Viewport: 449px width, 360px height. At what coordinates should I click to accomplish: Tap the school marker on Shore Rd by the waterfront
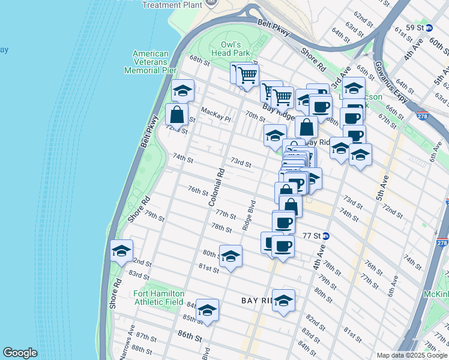click(x=121, y=251)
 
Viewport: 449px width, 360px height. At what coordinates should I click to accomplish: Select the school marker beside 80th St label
click(x=231, y=257)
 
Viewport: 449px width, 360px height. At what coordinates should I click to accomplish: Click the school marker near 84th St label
click(x=207, y=310)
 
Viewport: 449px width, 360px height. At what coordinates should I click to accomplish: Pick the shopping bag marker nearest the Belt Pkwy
click(x=177, y=114)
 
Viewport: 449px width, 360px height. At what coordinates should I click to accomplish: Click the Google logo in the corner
click(x=20, y=353)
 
